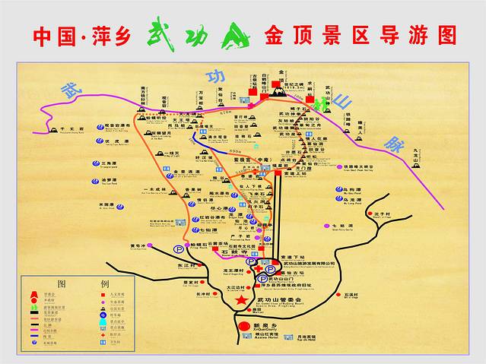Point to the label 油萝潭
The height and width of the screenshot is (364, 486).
pyautogui.click(x=110, y=180)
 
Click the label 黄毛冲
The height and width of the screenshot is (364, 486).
pyautogui.click(x=137, y=245)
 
